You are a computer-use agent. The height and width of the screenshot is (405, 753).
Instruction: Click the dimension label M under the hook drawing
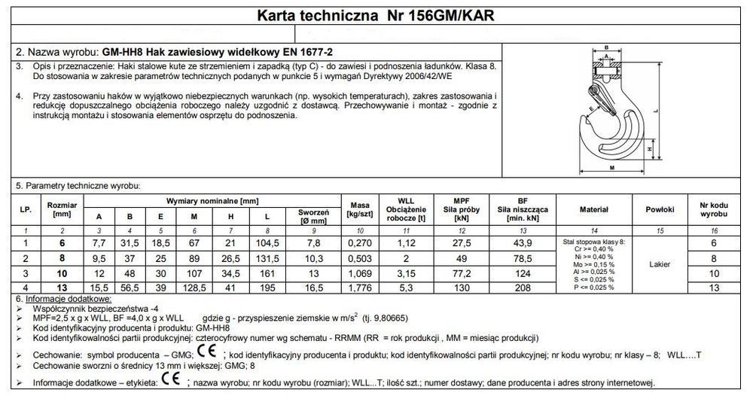611,168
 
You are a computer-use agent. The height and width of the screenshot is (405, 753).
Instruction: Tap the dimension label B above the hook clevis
606,47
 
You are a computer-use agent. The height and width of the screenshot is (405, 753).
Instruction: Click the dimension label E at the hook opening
592,109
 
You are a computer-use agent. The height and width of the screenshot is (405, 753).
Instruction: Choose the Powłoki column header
660,209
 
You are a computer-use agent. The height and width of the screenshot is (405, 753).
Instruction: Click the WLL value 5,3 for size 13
407,287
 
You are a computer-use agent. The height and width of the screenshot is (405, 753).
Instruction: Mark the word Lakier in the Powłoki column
660,264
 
